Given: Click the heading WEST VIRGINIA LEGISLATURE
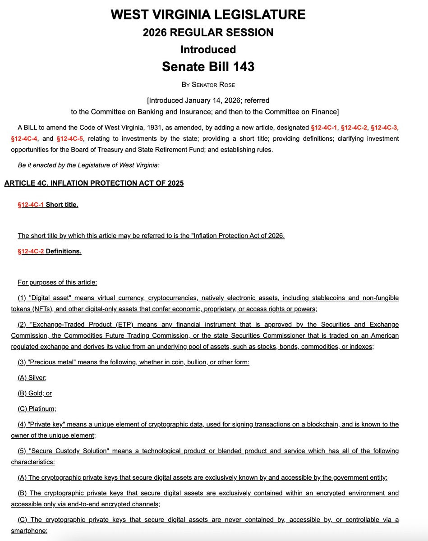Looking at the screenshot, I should click(x=208, y=14).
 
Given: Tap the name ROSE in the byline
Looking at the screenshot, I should click(x=226, y=85).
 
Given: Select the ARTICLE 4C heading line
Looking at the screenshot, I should click(x=94, y=183).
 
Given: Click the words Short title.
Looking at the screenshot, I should click(x=62, y=205).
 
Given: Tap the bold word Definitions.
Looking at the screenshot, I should click(x=64, y=252).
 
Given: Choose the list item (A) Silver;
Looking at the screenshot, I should click(x=32, y=378).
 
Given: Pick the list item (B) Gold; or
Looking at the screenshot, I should click(x=35, y=393).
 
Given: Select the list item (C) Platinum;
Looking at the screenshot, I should click(x=37, y=409).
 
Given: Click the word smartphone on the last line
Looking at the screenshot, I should click(x=29, y=531).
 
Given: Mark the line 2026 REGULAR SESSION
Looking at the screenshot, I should click(x=208, y=32).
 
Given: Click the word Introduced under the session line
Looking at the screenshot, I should click(x=208, y=49).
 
